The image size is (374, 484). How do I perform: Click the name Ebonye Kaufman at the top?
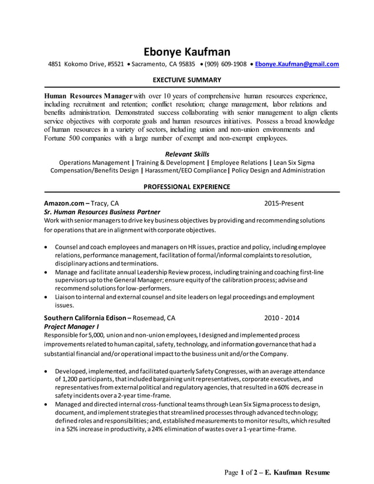click(187, 52)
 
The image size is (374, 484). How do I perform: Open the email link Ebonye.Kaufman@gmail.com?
click(297, 64)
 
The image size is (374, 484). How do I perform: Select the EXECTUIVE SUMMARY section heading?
click(187, 80)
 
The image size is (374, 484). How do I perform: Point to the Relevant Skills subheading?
click(187, 154)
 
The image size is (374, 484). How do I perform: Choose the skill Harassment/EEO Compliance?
click(185, 171)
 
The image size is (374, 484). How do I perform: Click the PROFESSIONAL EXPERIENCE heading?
click(187, 187)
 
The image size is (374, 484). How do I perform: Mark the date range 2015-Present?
click(284, 203)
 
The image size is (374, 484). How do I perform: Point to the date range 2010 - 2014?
click(281, 318)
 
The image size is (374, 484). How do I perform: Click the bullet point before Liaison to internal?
click(47, 298)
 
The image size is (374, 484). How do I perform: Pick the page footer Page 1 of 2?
click(241, 472)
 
